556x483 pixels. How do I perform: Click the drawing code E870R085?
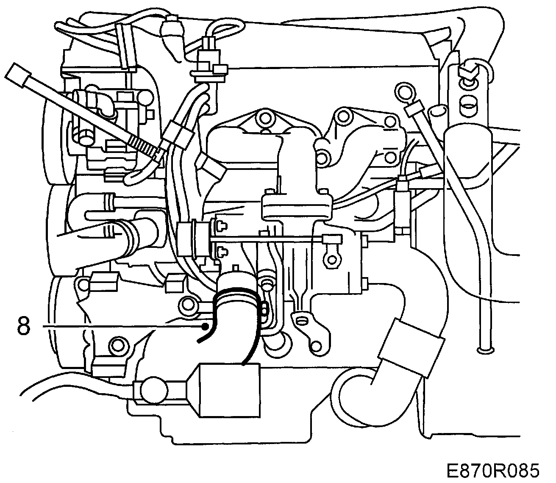tap(492, 470)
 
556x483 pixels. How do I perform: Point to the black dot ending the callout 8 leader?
tap(205, 326)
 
